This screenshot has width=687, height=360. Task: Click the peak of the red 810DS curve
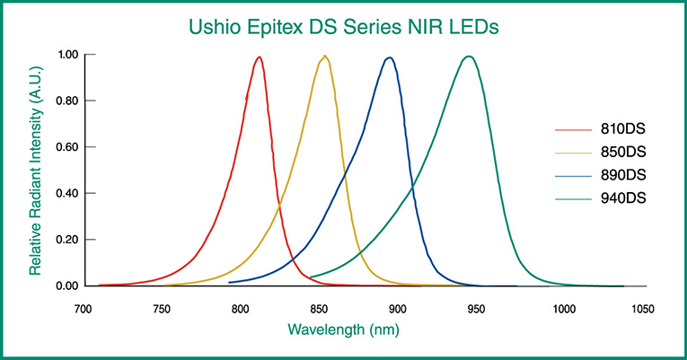[259, 57]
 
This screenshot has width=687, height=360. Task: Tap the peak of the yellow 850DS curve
[324, 57]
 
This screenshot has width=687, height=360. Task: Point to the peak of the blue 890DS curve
[390, 57]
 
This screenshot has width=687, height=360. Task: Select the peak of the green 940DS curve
[468, 57]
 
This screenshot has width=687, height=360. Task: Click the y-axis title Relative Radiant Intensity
[35, 171]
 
